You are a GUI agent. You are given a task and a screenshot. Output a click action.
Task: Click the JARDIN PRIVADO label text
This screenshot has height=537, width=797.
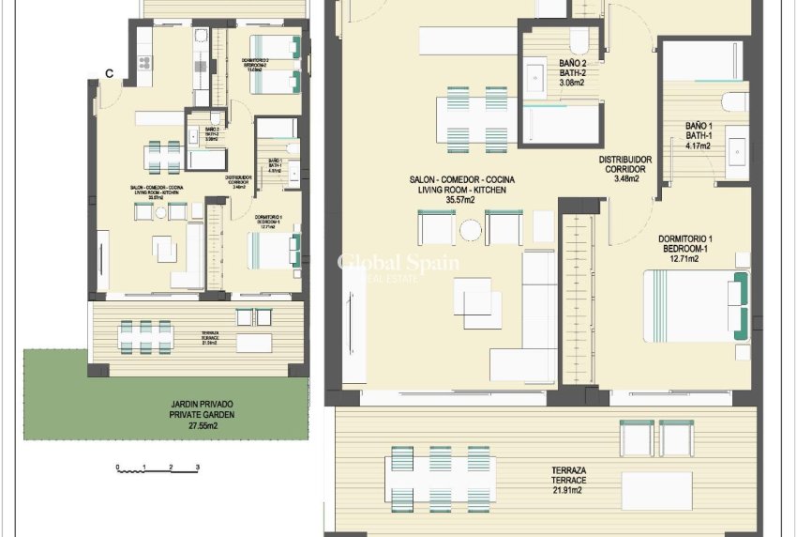[196, 404]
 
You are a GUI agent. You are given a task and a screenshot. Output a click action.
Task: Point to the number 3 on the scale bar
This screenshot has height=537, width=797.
[198, 467]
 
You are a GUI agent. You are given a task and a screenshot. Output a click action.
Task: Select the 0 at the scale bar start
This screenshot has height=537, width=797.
[118, 467]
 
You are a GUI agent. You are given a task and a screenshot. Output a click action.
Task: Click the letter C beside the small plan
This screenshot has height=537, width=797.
[110, 73]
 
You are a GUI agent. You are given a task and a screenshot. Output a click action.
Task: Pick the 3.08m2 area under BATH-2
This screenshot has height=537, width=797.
[559, 83]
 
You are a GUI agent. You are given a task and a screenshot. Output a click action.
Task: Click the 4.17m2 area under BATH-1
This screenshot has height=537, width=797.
[700, 146]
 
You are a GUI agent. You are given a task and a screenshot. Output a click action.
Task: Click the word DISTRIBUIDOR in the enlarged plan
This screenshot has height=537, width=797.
[625, 160]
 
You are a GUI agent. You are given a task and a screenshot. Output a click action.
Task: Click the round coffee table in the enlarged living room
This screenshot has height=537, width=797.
[471, 228]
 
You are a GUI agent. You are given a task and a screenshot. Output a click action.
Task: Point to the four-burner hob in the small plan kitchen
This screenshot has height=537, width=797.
[145, 63]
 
